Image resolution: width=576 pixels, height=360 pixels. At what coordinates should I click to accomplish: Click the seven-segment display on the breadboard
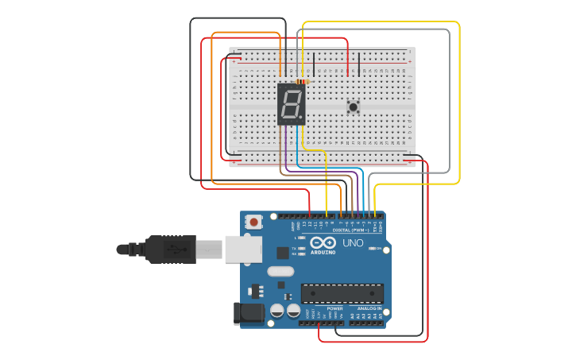coord(292,103)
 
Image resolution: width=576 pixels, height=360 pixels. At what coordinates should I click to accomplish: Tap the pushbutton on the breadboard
coord(353,106)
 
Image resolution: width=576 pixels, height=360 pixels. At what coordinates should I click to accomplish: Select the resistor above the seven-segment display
coord(302,81)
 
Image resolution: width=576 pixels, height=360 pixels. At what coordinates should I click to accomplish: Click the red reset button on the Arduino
coord(253,222)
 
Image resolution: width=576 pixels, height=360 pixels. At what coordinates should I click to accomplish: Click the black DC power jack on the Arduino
coord(248,313)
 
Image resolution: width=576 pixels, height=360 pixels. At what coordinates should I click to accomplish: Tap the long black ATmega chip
coord(342,293)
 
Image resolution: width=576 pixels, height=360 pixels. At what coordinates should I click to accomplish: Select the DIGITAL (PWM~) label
coord(344,230)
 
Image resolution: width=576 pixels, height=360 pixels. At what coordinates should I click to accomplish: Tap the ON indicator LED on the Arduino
coord(372,248)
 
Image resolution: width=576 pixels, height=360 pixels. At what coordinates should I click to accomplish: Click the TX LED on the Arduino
coord(301,248)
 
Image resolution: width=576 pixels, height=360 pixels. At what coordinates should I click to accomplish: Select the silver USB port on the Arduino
coord(242,249)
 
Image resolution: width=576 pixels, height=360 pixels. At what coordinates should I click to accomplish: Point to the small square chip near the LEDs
coord(283,253)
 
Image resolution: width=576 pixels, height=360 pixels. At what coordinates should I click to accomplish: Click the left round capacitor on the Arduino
coord(277,311)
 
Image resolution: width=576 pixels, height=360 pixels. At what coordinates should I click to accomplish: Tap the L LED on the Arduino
coord(301,238)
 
